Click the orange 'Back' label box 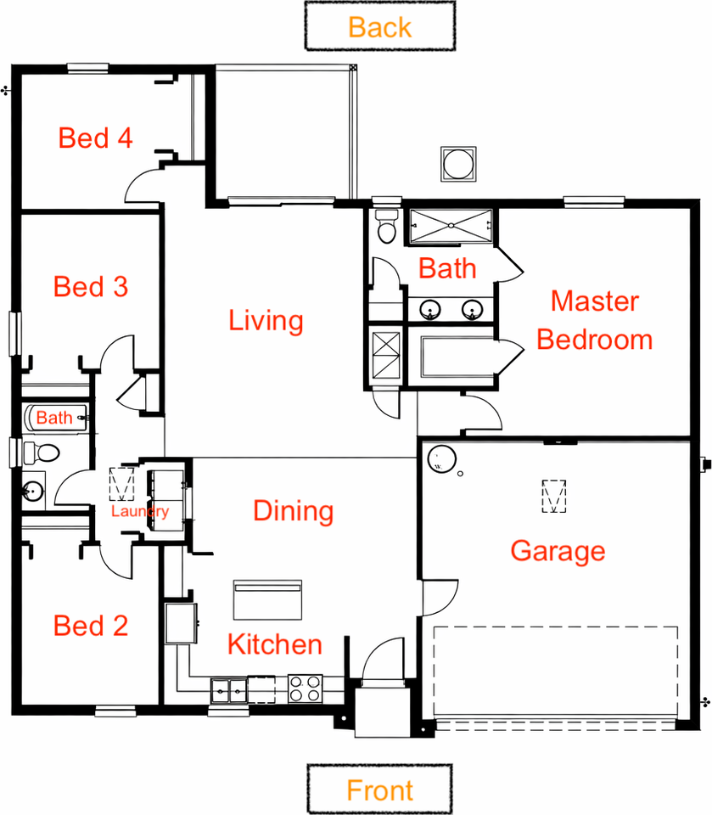379,26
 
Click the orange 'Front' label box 379,790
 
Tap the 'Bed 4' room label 95,138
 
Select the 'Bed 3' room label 90,287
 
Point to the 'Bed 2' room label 90,627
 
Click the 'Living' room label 266,321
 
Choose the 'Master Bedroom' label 595,321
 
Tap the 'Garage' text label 558,551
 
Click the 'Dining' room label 293,511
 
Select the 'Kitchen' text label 275,644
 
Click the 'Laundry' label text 140,512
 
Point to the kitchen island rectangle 267,600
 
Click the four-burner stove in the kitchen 306,688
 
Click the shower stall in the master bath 451,225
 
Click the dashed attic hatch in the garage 554,496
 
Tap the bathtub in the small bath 55,418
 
